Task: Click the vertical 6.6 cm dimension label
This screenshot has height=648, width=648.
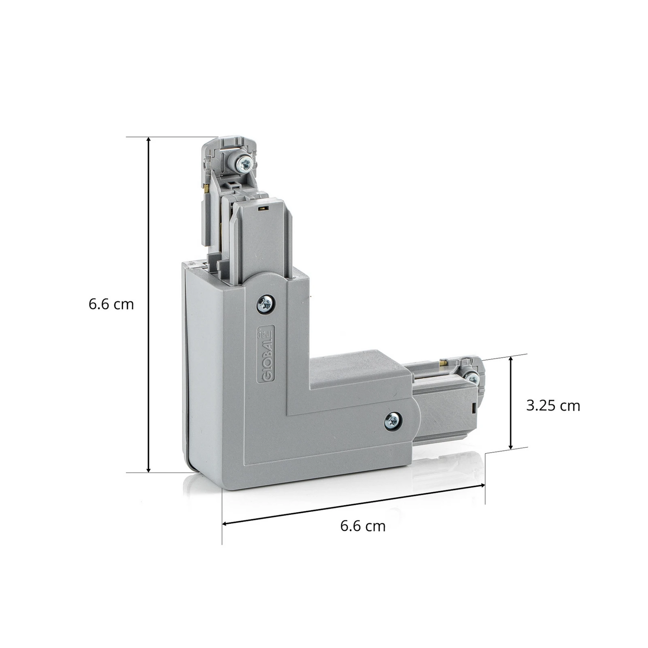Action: click(111, 304)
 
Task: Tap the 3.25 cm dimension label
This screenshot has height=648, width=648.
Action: click(553, 406)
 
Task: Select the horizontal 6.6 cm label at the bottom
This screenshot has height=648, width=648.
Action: click(363, 526)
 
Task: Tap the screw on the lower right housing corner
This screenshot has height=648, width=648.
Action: click(393, 420)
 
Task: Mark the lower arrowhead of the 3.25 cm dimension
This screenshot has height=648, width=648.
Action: click(511, 447)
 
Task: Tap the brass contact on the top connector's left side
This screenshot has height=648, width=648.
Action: click(208, 187)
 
